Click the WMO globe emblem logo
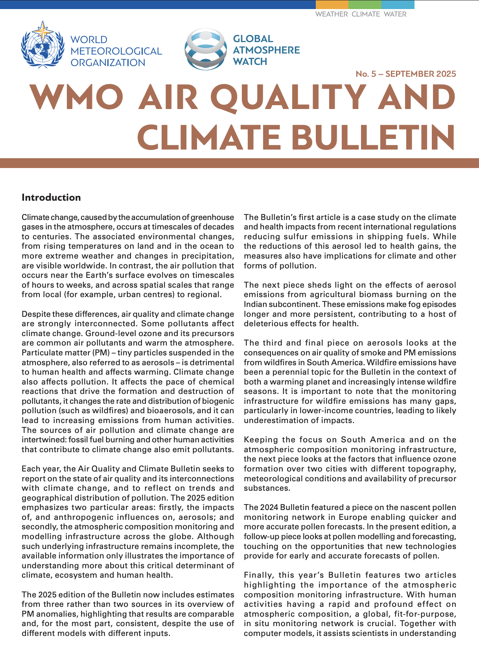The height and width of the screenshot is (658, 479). point(42,45)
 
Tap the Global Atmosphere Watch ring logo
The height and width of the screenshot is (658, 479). point(206,49)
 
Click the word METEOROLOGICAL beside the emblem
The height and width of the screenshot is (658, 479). point(116,51)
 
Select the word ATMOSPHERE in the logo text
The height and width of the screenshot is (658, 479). point(266,50)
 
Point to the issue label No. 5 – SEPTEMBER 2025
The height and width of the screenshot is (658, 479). point(405,74)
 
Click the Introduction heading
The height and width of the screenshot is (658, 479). point(51,198)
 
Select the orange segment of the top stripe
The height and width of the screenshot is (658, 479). point(332,4)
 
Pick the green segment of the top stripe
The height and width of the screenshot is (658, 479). point(365,4)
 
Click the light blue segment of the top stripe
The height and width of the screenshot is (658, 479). point(398,4)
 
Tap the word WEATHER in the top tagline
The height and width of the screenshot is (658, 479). point(332,14)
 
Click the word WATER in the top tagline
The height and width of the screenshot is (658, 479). point(395,14)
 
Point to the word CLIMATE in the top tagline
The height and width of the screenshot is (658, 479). point(366,14)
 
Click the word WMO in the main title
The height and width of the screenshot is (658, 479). point(77,98)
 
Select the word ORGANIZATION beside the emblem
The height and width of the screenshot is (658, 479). point(108,63)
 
